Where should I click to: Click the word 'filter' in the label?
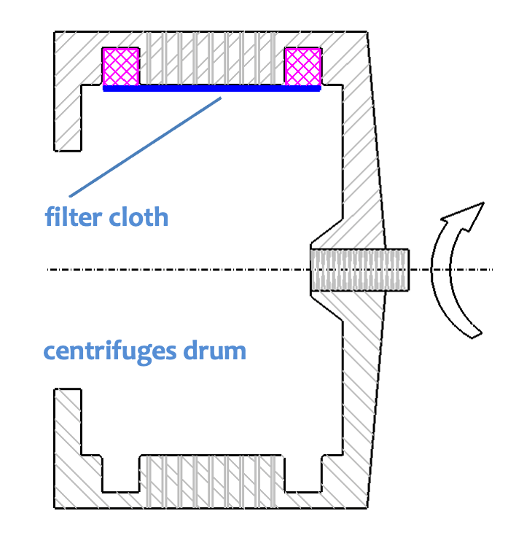pos(74,216)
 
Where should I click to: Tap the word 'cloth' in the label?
pos(138,216)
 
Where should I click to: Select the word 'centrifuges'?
pos(110,351)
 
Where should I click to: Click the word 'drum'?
pos(215,351)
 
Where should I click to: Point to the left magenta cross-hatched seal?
pos(121,67)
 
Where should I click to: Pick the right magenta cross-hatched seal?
pos(303,67)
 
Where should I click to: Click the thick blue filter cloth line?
pos(212,89)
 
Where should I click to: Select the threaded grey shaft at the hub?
pos(360,270)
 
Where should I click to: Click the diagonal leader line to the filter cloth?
pos(145,147)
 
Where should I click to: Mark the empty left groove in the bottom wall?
pos(121,474)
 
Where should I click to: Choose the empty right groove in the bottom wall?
pos(303,474)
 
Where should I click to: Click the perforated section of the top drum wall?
pos(211,58)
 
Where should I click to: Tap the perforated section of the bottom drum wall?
pos(211,482)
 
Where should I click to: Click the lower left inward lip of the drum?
pos(68,422)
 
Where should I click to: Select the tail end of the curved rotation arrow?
pos(473,335)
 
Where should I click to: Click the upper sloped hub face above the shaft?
pos(327,232)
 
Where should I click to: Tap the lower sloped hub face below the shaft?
pos(327,308)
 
